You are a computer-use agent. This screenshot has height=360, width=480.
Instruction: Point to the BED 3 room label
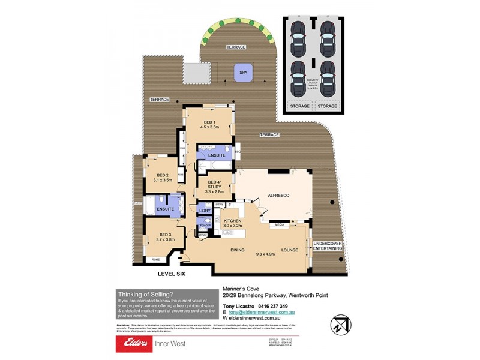(166, 235)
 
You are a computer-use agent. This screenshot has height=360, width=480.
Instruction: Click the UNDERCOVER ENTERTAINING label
(328, 245)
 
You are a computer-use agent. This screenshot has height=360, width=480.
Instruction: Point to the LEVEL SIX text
(172, 274)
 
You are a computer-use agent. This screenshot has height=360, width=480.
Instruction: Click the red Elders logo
(134, 344)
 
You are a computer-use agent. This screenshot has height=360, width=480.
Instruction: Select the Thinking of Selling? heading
(146, 294)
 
